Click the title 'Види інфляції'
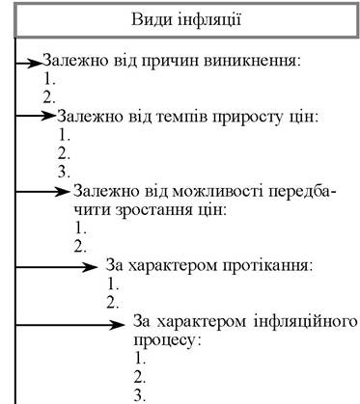(x=186, y=20)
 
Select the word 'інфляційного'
(x=306, y=322)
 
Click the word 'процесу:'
(x=168, y=340)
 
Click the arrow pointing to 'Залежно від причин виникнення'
(x=29, y=64)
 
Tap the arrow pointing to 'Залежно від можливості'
(x=43, y=192)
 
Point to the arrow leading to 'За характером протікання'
(x=56, y=267)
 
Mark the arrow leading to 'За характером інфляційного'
(x=70, y=325)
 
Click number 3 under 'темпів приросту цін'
(x=64, y=172)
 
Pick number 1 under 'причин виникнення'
(x=49, y=79)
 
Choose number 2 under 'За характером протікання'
(x=113, y=303)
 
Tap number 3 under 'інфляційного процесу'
(x=140, y=395)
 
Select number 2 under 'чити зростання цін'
(x=80, y=246)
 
